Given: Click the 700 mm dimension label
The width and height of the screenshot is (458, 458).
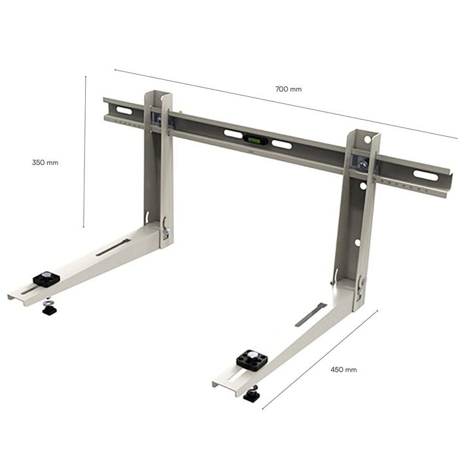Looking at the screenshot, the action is pos(289,89).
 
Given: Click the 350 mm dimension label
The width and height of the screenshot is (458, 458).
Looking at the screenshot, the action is pos(45,162).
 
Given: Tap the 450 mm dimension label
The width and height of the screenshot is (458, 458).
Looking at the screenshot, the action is pos(343,370).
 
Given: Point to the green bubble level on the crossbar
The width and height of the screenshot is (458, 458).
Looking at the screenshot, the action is pos(256,140).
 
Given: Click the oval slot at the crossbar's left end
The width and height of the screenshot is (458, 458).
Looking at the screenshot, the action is pos(124,111).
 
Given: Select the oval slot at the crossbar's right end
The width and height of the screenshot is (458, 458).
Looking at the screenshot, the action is pos(425,175).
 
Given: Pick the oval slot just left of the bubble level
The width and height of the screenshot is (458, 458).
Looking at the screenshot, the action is pos(233,134).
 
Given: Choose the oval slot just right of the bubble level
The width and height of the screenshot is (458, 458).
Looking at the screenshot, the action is pos(281,145).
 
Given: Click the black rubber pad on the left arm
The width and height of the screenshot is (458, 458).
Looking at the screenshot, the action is pos(46,278).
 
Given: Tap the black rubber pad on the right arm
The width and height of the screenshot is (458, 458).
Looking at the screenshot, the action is pos(253,360).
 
